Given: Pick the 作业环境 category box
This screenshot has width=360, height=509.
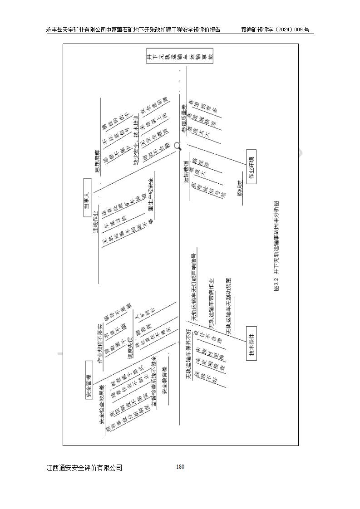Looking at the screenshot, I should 251,166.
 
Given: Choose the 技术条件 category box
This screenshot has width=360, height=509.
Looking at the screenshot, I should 251,343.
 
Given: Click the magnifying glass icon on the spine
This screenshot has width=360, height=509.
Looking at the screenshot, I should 178,146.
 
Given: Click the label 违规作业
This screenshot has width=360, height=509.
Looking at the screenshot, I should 96,222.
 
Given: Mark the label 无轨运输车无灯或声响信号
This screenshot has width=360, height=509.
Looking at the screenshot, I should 194,288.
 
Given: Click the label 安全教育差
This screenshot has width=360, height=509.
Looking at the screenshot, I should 165,380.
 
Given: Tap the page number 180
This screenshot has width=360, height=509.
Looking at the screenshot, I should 180,467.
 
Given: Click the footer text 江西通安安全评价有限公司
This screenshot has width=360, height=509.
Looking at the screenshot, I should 84,468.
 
